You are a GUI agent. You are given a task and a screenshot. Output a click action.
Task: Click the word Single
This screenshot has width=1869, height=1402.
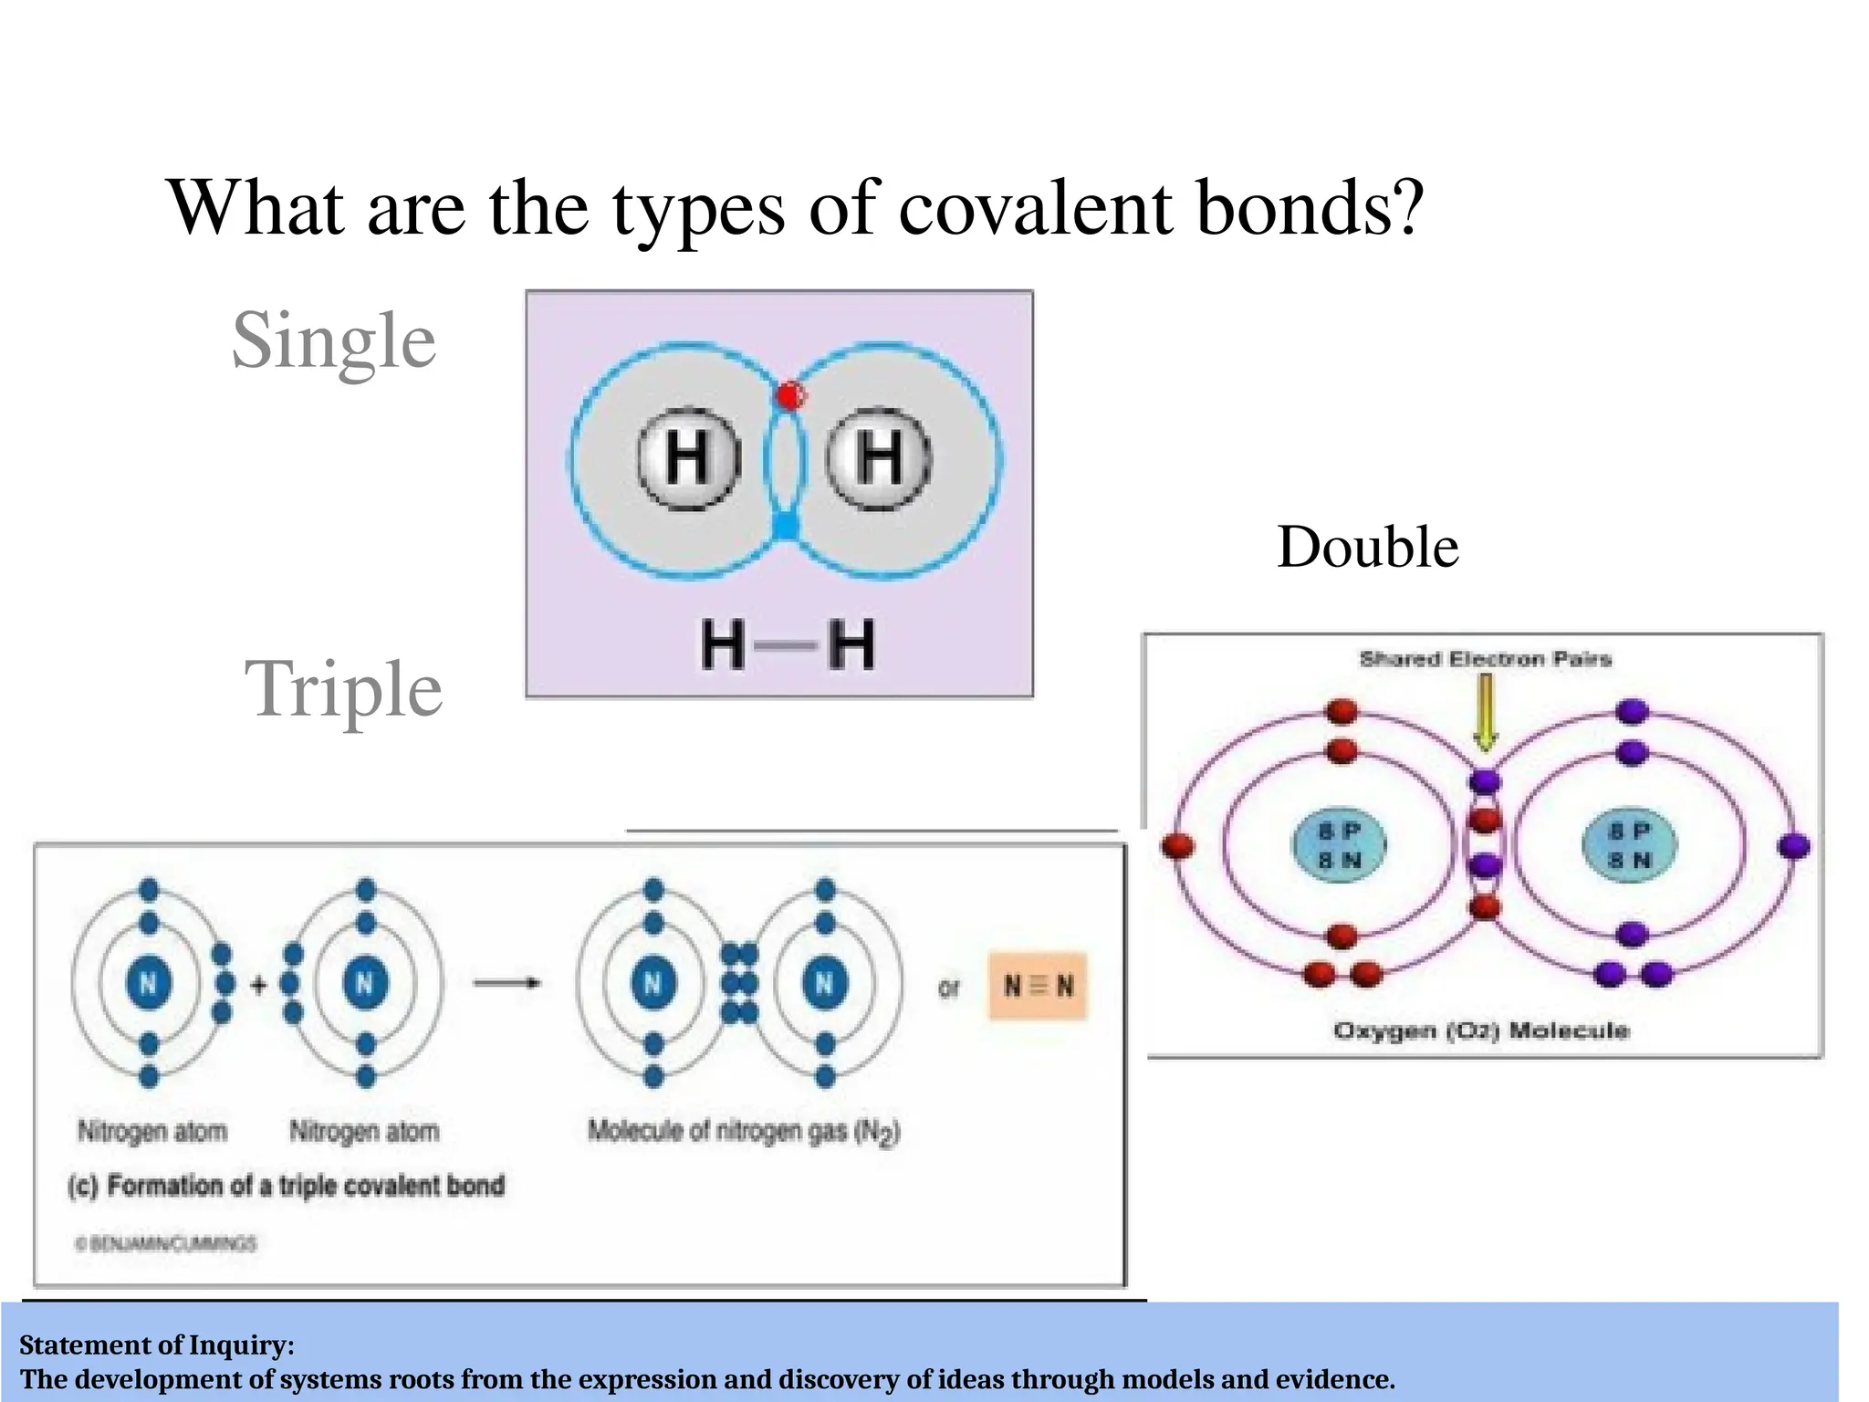click(334, 341)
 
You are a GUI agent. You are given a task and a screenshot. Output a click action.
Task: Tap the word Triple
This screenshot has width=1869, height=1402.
click(343, 690)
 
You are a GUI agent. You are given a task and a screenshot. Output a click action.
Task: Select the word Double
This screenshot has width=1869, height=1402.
click(1367, 548)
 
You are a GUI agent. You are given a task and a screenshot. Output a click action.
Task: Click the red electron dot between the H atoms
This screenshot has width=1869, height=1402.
click(789, 396)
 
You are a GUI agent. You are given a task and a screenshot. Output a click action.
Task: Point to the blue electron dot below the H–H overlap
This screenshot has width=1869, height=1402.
click(785, 526)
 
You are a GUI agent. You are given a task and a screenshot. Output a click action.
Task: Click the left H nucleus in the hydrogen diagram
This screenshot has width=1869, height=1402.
click(688, 457)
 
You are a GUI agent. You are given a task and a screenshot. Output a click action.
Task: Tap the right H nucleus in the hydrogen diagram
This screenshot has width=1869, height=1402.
click(879, 457)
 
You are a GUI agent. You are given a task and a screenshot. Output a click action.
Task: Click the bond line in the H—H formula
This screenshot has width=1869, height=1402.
click(787, 646)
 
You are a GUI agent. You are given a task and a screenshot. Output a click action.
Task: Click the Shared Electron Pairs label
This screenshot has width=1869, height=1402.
click(1485, 659)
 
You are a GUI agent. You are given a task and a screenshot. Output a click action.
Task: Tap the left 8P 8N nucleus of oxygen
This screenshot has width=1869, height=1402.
click(1339, 845)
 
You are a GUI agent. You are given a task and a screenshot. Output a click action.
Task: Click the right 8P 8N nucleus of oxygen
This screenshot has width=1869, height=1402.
click(1629, 845)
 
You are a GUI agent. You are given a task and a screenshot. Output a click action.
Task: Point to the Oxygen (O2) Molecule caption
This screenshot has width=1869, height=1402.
click(1480, 1031)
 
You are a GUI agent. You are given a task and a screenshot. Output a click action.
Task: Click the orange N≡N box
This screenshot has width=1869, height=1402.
click(1039, 986)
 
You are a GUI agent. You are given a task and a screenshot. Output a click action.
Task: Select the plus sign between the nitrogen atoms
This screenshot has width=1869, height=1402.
click(259, 985)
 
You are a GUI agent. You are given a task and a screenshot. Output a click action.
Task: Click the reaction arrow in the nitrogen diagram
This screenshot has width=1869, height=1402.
click(507, 983)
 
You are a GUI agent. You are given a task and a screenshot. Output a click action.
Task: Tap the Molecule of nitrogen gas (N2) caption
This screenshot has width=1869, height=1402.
click(744, 1132)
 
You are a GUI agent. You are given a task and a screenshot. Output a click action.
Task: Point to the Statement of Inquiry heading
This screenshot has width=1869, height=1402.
click(157, 1344)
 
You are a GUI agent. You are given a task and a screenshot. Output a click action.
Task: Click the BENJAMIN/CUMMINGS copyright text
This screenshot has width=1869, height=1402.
click(166, 1243)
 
